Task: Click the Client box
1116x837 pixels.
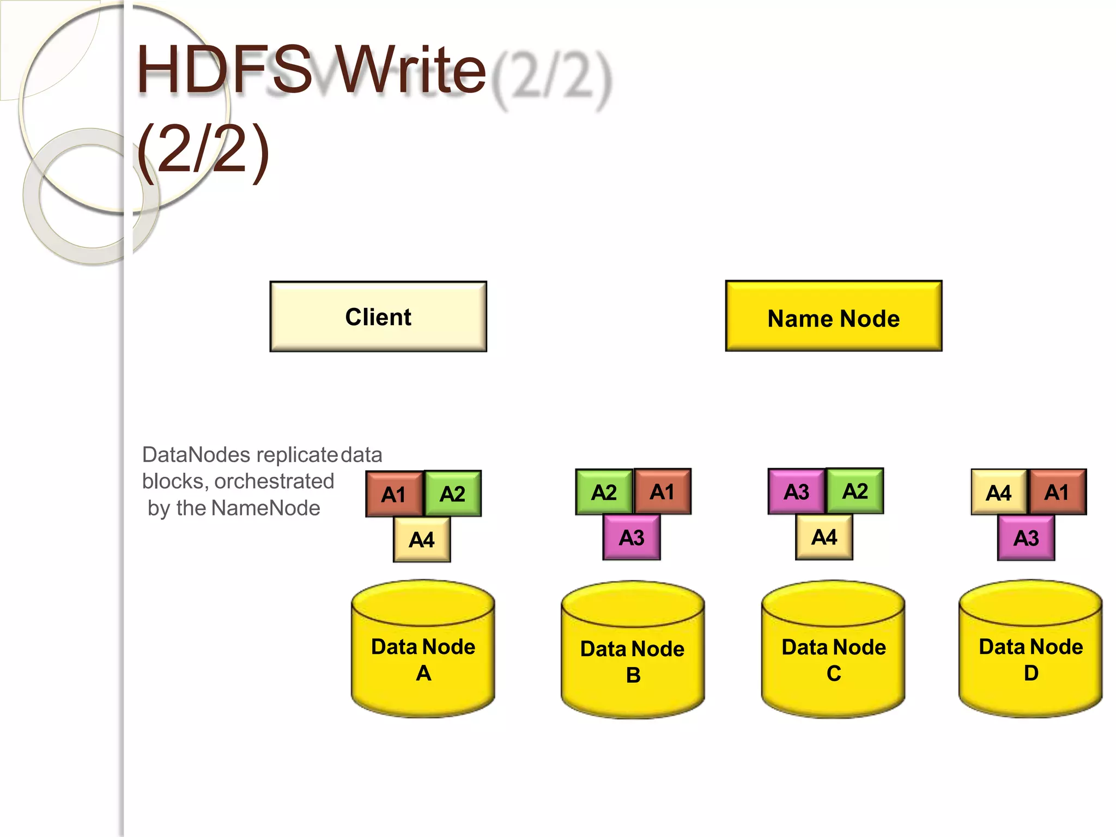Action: coord(378,317)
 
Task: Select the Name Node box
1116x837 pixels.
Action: coord(833,317)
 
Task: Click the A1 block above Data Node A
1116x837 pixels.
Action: coord(394,494)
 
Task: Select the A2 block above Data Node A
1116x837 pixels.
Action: coord(452,494)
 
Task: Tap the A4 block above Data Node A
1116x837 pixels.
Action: coord(422,539)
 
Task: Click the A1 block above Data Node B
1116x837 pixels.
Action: coord(663,492)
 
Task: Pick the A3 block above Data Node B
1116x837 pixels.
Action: coord(632,538)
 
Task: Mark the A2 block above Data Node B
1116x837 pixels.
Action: coord(604,492)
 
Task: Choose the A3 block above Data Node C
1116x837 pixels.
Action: coord(796,492)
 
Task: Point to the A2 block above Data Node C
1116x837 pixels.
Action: coord(855,491)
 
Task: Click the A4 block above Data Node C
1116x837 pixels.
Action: coord(824,537)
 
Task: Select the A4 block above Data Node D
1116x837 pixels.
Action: coord(999,493)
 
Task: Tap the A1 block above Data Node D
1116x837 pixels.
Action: coord(1057,492)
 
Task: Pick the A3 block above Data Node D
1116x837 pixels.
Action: coord(1026,538)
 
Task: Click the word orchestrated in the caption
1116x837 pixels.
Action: coord(274,482)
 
